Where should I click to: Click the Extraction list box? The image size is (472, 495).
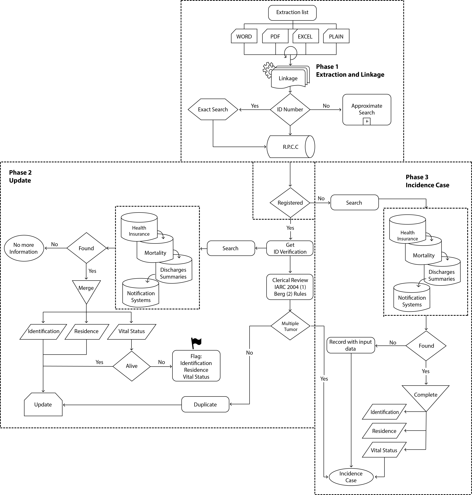pyautogui.click(x=292, y=13)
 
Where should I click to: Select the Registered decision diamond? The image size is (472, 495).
pyautogui.click(x=290, y=203)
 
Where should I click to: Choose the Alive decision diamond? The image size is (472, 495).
pyautogui.click(x=132, y=366)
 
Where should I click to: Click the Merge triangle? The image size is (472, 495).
pyautogui.click(x=86, y=289)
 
